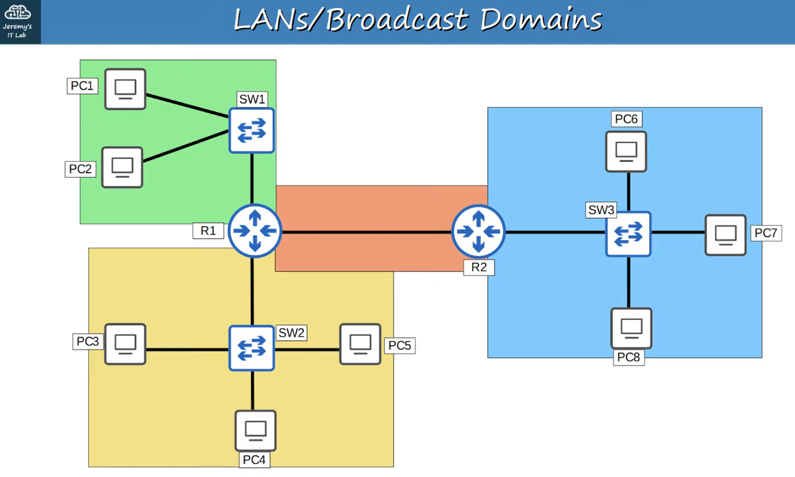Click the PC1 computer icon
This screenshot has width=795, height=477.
coord(125,89)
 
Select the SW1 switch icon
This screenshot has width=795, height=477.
coord(252,131)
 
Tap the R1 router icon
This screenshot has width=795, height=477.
coord(255,231)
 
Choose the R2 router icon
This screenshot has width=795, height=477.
coord(478,231)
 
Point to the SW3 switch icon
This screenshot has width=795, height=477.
coord(628,234)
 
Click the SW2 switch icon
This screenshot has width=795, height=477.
coord(252,348)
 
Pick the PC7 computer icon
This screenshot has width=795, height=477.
coord(725,235)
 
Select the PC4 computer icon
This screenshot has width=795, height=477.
coord(256,431)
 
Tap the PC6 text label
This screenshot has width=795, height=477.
coord(626,119)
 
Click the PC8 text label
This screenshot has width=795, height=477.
coord(628,357)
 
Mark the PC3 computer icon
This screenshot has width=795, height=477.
coord(125,344)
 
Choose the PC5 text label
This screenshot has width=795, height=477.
coord(399,346)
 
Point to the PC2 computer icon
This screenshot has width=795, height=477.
coord(122,167)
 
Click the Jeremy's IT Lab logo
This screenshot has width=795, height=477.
coord(17,21)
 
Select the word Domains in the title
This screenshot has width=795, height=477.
coord(541,19)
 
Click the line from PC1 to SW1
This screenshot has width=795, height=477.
coord(187,106)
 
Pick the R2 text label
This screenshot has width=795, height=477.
coord(479,267)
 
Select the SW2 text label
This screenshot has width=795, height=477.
coord(291,333)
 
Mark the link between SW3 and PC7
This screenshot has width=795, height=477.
coord(678,232)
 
